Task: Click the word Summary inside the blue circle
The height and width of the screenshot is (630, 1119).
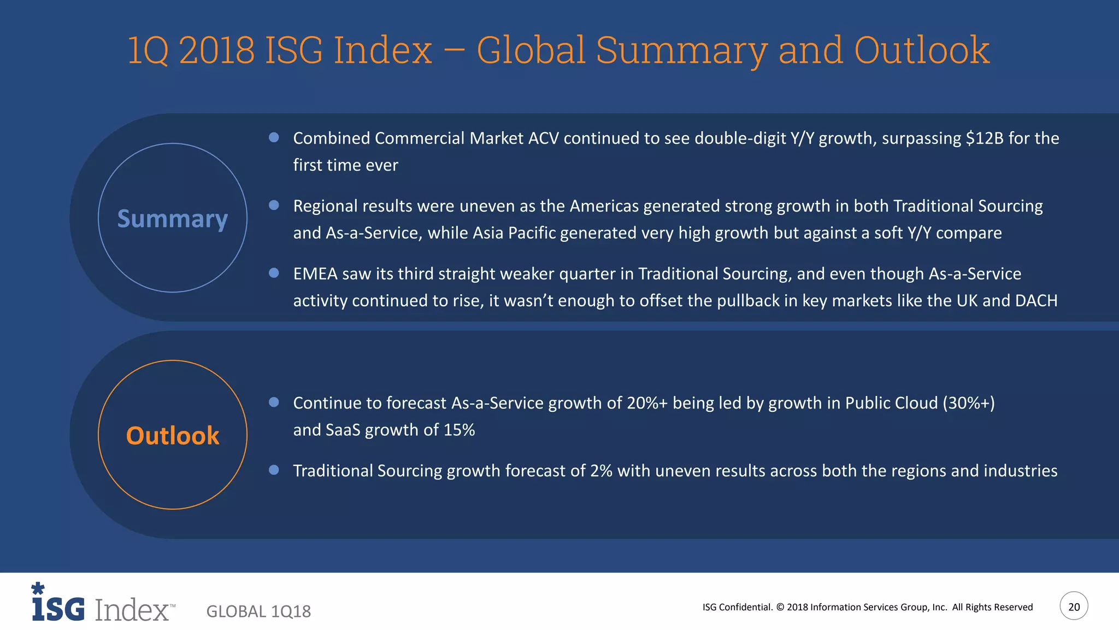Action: point(172,219)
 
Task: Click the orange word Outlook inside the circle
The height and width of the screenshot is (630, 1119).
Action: point(172,436)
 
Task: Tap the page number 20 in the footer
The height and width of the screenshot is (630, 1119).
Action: point(1074,606)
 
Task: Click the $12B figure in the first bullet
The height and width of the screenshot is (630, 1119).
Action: point(985,138)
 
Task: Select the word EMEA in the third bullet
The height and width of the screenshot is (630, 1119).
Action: point(315,274)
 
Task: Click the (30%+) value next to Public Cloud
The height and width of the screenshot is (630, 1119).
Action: point(969,403)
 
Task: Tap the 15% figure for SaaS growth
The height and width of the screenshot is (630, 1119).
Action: point(459,430)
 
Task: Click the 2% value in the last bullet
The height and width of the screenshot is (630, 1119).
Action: point(601,471)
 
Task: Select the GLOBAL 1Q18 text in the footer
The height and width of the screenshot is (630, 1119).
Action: point(258,611)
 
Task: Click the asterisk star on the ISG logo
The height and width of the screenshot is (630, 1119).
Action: point(38,588)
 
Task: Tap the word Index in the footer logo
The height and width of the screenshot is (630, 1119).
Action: point(132,610)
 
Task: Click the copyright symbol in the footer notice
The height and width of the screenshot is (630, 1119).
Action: point(780,607)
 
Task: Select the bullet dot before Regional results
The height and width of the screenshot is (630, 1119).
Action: point(274,205)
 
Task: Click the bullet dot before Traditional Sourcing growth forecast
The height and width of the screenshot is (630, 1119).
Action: point(274,470)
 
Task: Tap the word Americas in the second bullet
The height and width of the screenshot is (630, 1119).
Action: point(604,206)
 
